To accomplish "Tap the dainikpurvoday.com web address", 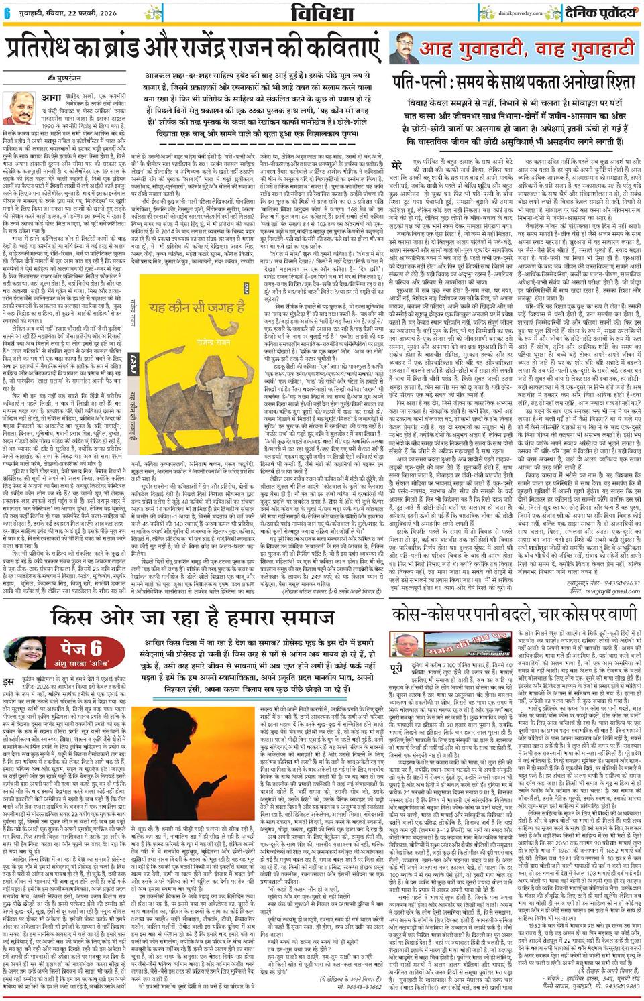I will coord(484,11).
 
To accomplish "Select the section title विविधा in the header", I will coord(323,12).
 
